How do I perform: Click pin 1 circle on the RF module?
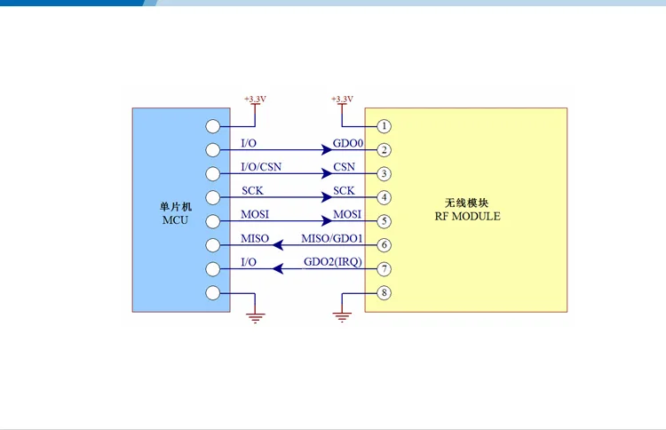[384, 126]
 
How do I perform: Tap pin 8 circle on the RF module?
[384, 293]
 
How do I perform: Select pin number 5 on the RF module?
[384, 221]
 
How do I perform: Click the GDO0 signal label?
[348, 143]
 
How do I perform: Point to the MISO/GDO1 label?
[332, 238]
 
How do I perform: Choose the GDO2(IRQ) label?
[333, 262]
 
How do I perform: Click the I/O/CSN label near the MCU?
[261, 167]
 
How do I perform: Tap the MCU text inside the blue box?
[175, 220]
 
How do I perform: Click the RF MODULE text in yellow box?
[467, 216]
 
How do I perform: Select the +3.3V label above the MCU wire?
[255, 99]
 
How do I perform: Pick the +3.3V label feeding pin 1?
[342, 99]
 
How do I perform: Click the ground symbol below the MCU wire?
[255, 317]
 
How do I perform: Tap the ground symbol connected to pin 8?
[342, 317]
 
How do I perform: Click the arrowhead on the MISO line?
[278, 245]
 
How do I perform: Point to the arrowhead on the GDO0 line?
[327, 149]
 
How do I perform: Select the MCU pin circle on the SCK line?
[213, 197]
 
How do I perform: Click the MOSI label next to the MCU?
[255, 215]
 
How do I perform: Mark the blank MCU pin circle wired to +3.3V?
[213, 126]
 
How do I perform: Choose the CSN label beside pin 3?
[344, 167]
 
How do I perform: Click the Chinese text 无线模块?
[466, 203]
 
